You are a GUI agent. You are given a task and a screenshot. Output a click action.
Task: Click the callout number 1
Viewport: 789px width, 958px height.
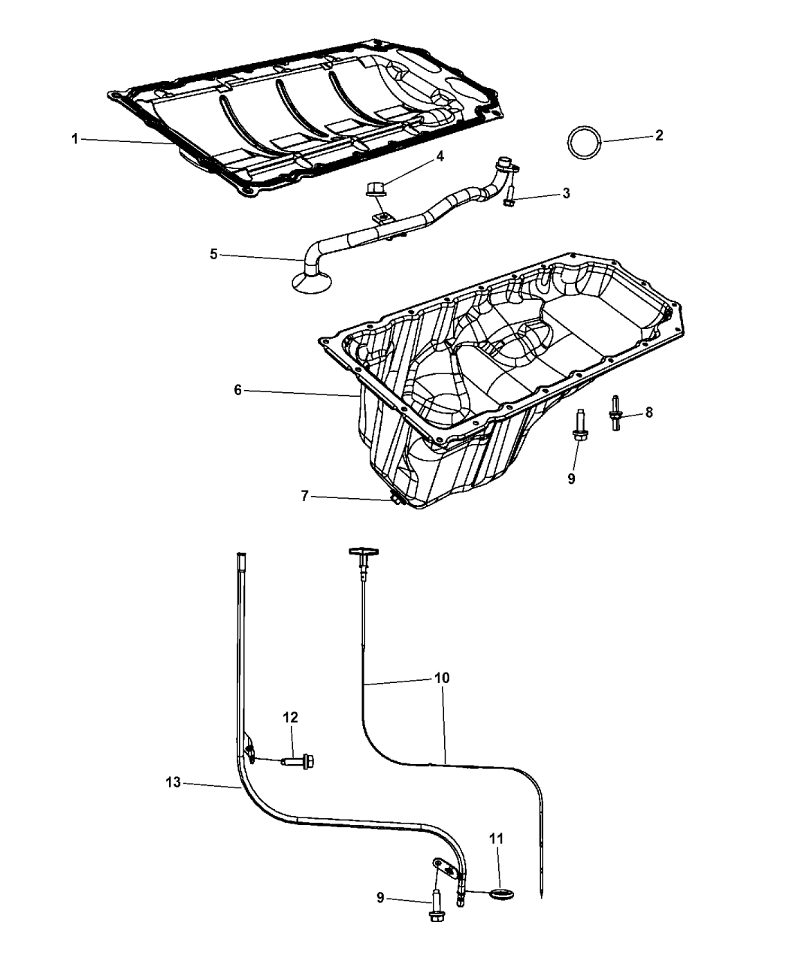point(75,138)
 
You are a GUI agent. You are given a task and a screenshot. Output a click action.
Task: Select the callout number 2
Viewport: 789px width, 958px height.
point(659,135)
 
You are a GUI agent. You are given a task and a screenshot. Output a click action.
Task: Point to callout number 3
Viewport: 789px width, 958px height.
point(566,193)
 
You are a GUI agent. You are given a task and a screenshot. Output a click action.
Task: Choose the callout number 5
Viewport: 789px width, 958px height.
point(213,254)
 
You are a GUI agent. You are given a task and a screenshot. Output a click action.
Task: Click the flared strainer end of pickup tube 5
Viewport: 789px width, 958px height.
point(312,280)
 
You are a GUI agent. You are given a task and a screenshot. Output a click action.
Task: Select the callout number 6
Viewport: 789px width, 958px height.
point(237,390)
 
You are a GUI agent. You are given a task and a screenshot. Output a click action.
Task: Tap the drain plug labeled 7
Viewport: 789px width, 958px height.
point(394,499)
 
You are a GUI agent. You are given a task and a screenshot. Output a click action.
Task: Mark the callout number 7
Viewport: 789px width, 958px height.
point(304,496)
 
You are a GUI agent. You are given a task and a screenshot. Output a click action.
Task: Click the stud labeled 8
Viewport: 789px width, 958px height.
point(615,413)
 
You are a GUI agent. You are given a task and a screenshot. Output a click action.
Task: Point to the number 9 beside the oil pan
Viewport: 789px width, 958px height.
point(571,479)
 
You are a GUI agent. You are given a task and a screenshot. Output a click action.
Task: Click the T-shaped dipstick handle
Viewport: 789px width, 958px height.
point(364,552)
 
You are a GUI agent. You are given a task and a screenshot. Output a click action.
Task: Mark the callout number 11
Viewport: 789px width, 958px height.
point(497,839)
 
